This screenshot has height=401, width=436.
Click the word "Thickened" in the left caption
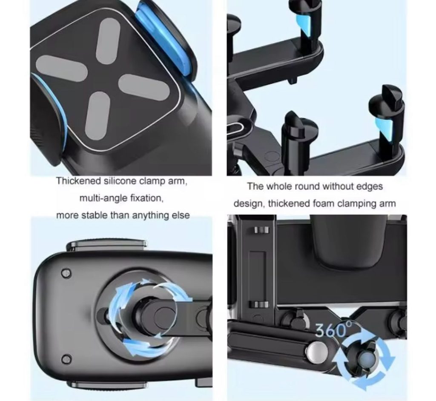[78, 181]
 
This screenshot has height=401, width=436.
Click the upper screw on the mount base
[66, 273]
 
